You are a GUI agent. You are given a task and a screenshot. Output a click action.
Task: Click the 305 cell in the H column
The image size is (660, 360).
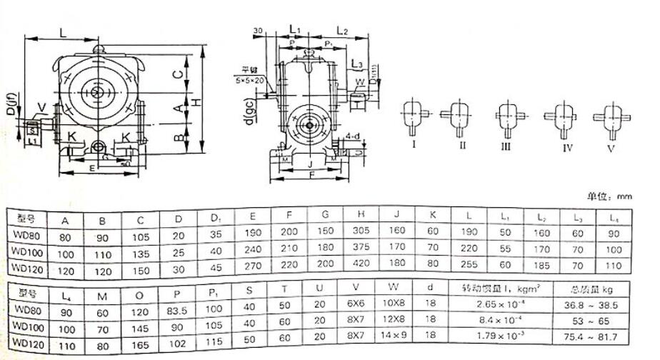[x=361, y=233]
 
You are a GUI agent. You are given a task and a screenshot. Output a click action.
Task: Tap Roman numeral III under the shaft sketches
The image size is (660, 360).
[x=506, y=146]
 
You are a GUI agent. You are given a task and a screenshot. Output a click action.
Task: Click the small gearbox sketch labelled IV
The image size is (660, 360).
[x=557, y=119]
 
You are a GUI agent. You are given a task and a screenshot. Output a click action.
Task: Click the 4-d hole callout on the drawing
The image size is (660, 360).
[x=351, y=135]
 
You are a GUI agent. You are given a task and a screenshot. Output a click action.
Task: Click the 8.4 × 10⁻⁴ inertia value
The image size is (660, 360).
[x=494, y=321]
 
